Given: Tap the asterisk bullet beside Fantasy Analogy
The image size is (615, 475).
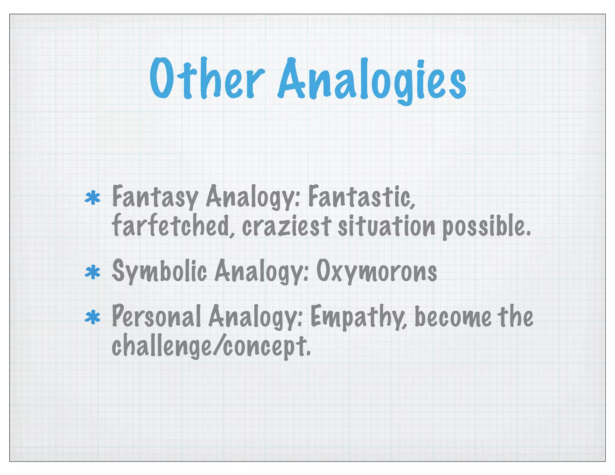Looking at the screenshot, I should click(92, 198).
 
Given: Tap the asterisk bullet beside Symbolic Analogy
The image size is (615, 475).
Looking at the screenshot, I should click(92, 272).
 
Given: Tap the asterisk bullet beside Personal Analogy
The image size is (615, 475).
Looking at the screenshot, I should click(92, 318).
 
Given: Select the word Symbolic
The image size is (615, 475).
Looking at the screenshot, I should click(159, 271).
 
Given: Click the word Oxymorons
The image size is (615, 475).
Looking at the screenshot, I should click(377, 271).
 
